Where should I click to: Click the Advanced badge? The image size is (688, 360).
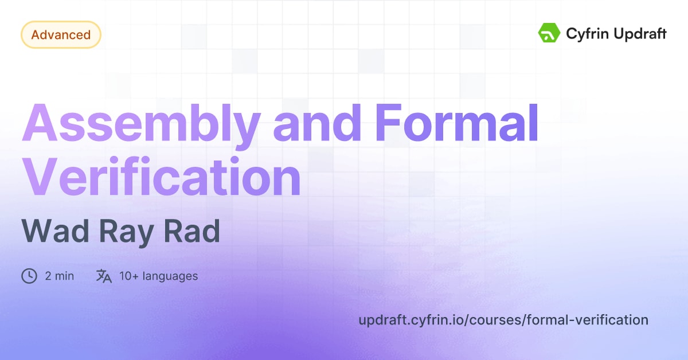(x=61, y=35)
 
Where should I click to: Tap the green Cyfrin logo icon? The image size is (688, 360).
(x=549, y=33)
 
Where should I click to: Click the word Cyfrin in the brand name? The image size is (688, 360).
(x=587, y=34)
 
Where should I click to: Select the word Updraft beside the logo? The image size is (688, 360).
(x=639, y=34)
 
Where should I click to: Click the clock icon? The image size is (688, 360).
(x=29, y=276)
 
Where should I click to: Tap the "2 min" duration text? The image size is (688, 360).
(x=59, y=276)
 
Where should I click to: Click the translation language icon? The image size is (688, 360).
(x=104, y=276)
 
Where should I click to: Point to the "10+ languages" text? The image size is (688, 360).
(x=158, y=276)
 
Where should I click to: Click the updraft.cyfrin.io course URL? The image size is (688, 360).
(x=503, y=320)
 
